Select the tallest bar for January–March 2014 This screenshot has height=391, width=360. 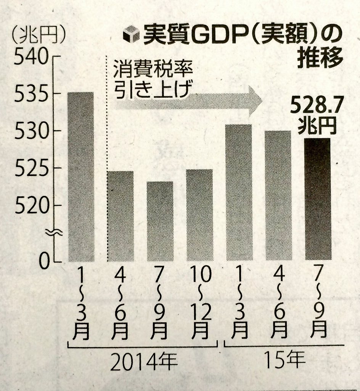[81, 176]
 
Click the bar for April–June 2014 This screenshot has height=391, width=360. [121, 216]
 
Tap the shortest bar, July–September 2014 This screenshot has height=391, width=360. [160, 221]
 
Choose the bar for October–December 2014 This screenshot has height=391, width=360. [199, 215]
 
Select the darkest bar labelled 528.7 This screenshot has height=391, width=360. [318, 199]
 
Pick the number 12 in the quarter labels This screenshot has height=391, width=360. [200, 313]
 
